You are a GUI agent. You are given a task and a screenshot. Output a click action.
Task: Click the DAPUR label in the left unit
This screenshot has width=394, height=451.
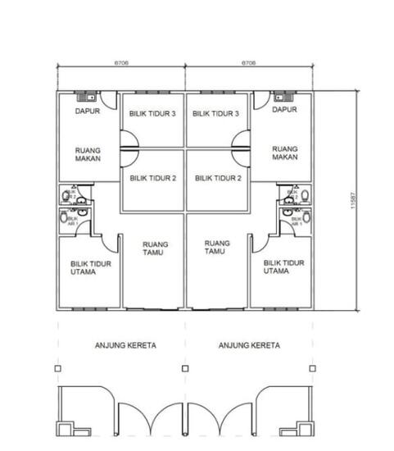click(88, 110)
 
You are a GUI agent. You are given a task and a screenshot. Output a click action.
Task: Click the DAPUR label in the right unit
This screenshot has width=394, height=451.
click(283, 109)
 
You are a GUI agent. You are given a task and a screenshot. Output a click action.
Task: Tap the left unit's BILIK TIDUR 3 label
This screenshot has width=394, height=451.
click(152, 115)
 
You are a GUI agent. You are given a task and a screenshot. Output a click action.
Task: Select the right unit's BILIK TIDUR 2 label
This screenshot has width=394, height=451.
click(217, 178)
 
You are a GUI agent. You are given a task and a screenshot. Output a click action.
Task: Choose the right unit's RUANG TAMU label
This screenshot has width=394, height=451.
click(217, 248)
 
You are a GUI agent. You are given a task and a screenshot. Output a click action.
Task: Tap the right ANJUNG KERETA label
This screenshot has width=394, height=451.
click(249, 346)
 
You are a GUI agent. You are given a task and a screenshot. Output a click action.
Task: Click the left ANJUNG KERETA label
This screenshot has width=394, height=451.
click(124, 346)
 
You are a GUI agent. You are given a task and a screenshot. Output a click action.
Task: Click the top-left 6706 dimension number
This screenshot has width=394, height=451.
click(121, 62)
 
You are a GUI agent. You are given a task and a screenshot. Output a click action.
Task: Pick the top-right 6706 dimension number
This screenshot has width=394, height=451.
click(249, 62)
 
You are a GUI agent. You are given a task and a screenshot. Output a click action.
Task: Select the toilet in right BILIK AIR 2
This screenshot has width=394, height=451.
click(305, 196)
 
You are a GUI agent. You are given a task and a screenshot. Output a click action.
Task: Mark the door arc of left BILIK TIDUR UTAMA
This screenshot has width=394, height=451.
click(107, 243)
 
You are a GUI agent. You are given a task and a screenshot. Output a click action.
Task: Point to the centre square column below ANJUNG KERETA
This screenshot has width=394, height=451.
click(185, 369)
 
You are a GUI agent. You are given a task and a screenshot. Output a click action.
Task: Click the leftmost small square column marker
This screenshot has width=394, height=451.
click(58, 369)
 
